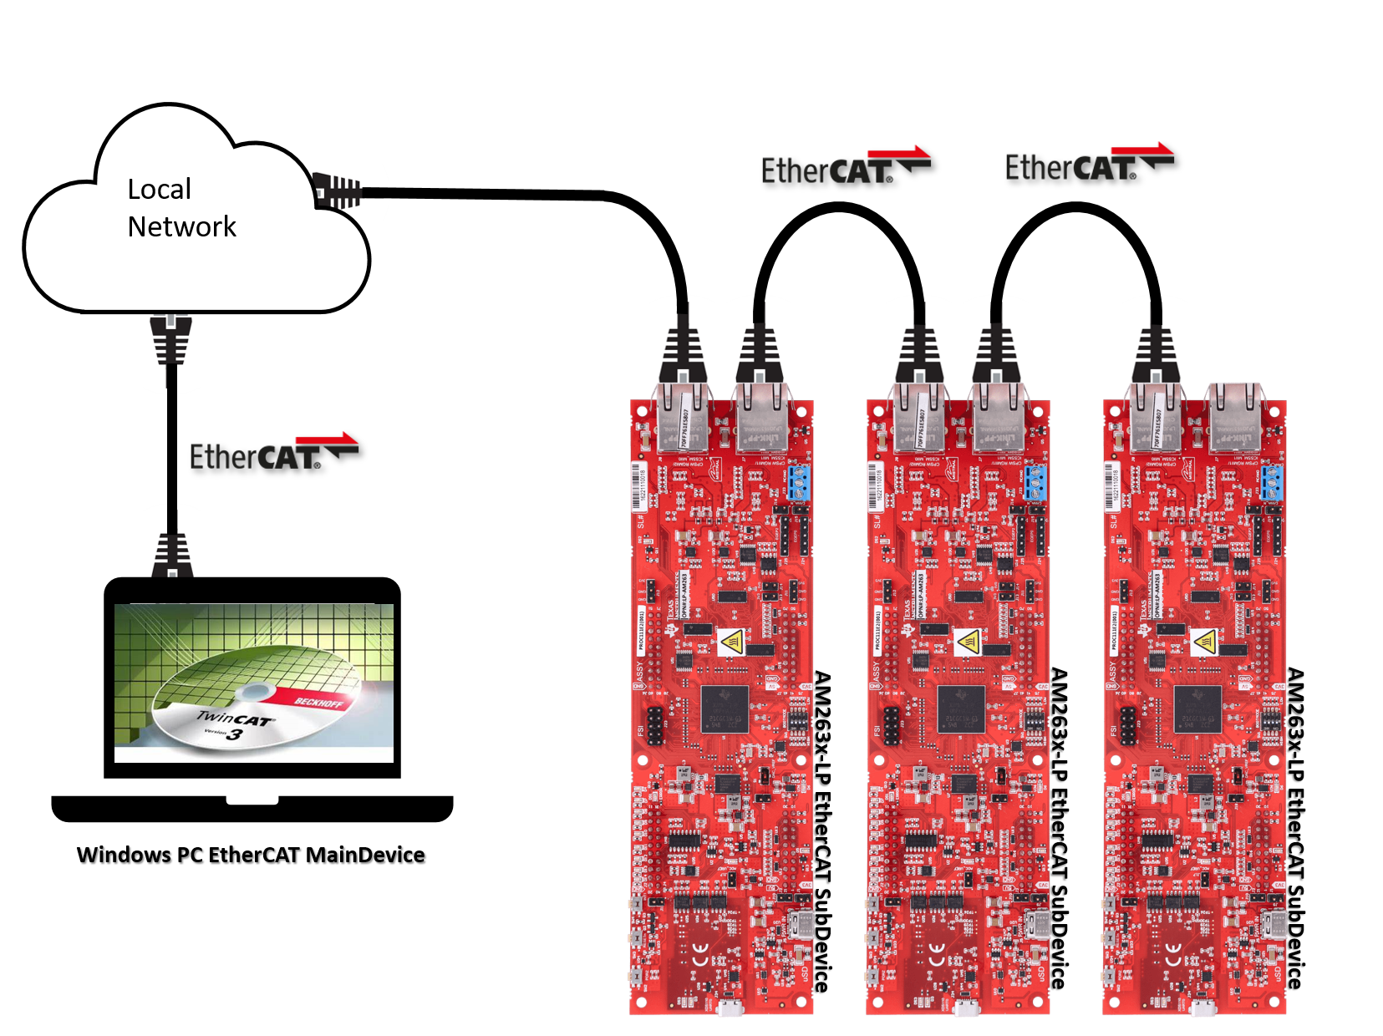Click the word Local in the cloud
[x=159, y=190]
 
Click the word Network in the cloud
[x=181, y=226]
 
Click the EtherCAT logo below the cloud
[x=273, y=452]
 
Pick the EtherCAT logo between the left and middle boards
[x=844, y=165]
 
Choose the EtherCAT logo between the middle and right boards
[x=1088, y=164]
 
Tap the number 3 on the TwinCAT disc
[x=235, y=734]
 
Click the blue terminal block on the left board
[x=798, y=482]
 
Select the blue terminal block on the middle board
[x=1035, y=482]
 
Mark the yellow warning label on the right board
[x=1204, y=642]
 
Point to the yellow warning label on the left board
[x=731, y=642]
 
